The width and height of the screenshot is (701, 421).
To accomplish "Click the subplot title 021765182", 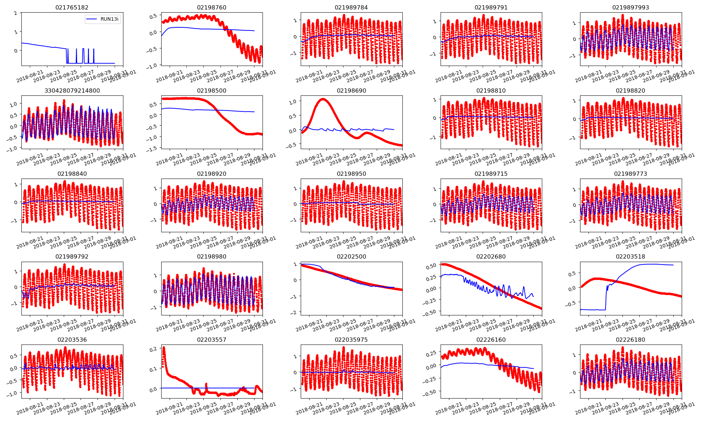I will click(x=72, y=7).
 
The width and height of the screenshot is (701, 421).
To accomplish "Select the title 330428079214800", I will click(x=72, y=91).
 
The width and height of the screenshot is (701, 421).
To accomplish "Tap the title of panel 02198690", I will click(x=351, y=91).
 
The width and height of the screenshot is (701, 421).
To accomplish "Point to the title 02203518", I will click(x=630, y=256).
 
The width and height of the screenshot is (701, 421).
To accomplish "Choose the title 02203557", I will click(x=211, y=340).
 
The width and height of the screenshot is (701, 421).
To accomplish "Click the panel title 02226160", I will click(x=491, y=340).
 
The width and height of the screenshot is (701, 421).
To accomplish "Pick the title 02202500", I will click(x=351, y=256).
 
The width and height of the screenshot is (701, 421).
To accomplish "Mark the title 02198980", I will click(x=211, y=256).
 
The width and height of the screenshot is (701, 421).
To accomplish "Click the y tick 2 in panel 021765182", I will click(x=15, y=13).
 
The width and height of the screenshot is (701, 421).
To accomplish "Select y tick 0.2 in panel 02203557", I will click(x=153, y=349).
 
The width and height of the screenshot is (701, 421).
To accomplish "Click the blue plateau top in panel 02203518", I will click(x=648, y=264).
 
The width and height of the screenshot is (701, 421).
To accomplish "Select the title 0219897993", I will click(x=630, y=7).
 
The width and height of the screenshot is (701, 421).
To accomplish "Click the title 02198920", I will click(x=211, y=174).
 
